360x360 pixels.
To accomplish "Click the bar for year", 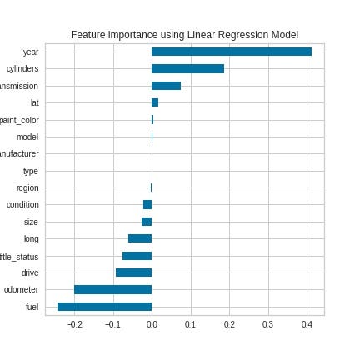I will [232, 52].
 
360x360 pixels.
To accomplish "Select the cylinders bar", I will [187, 68].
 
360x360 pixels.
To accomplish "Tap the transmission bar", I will [166, 86].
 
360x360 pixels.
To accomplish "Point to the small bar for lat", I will [155, 102].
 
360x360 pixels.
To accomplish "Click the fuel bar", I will [104, 307].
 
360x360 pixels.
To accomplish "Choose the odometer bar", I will [112, 289].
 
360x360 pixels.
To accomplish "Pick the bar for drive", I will [133, 272].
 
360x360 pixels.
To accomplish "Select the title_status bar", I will [137, 256].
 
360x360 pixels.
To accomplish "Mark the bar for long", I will [140, 238].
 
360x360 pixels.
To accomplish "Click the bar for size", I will [147, 222].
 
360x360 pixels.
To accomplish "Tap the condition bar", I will [147, 204].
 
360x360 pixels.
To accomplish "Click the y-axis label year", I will [30, 52].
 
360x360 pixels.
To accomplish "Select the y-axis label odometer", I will [22, 289].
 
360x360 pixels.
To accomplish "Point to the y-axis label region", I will [27, 187].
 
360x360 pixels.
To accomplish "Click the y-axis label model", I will [27, 137].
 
